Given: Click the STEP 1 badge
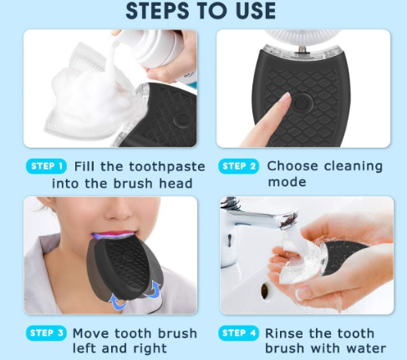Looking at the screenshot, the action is pos(46,166).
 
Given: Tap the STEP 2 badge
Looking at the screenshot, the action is pos(239,166).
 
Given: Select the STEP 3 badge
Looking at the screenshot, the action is pos(46,333).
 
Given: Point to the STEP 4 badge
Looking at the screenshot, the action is pos(239,333).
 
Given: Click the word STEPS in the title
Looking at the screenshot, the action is pos(157,11).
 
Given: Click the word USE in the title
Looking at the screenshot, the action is pos(256,11).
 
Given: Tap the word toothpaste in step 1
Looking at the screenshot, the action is pos(167,167).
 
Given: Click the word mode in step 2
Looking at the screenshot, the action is pos(287,182).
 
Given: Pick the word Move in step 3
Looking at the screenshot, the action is pos(91,333).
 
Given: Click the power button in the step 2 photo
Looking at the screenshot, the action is pos(303,104).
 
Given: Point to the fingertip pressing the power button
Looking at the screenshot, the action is pos(286,98).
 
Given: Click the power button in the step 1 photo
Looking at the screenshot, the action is pos(182,120).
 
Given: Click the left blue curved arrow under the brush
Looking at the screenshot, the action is pos(118,302).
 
